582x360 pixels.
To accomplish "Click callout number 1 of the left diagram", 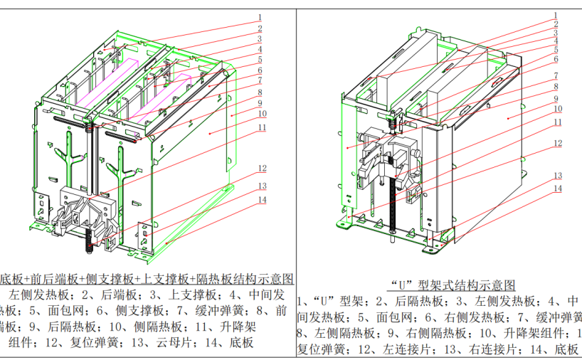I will click(260, 17).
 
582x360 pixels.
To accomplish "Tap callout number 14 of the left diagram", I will click(263, 200).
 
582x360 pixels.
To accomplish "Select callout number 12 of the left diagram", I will click(263, 169).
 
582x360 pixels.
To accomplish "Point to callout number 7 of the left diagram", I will click(260, 82).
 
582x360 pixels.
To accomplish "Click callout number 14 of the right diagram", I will click(559, 188).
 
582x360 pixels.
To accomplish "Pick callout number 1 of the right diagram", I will click(556, 14).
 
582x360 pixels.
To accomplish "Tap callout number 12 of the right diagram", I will click(559, 143).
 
